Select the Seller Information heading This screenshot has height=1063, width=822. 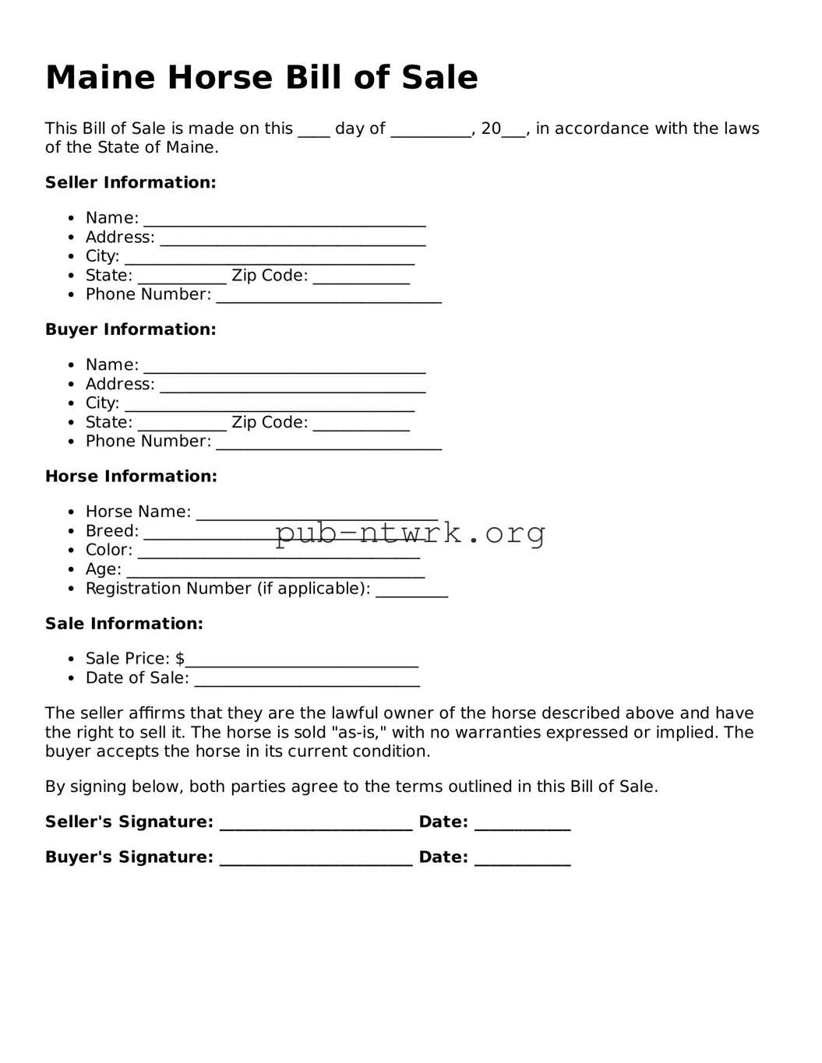point(130,183)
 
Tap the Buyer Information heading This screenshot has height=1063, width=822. point(130,329)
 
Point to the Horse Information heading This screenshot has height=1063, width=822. point(131,477)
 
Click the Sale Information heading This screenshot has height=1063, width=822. point(124,624)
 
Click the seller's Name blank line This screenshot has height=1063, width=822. point(284,220)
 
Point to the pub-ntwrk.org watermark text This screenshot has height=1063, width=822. point(410,533)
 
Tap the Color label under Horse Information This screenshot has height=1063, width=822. point(108,551)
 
